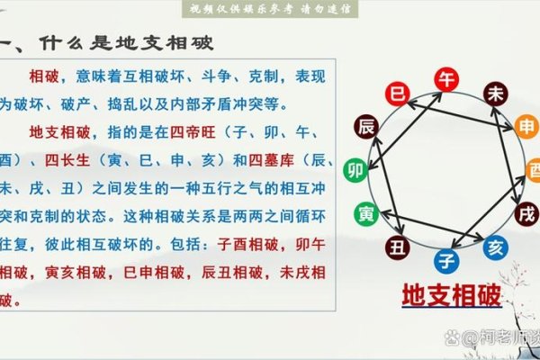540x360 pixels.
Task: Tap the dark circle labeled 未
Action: click(x=495, y=94)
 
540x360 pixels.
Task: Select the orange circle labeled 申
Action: click(x=526, y=129)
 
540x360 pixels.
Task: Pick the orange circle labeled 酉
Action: click(x=534, y=171)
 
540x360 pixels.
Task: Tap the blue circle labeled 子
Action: click(x=445, y=261)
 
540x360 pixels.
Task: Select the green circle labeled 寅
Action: click(x=366, y=214)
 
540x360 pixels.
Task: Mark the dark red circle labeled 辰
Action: click(x=365, y=125)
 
